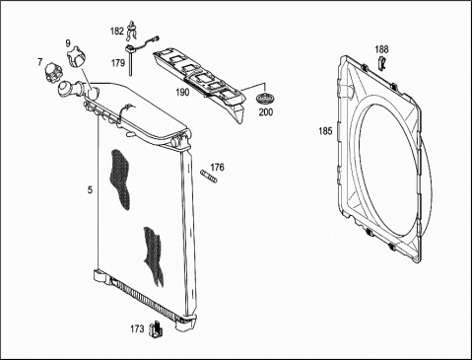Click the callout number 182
pos(117,32)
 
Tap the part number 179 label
pos(118,63)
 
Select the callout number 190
pos(182,93)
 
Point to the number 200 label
pos(266,112)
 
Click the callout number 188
pos(381,49)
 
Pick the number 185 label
pos(325,131)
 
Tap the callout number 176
pos(217,168)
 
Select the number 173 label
pos(137,328)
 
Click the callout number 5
pos(90,190)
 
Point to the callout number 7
pos(40,62)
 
